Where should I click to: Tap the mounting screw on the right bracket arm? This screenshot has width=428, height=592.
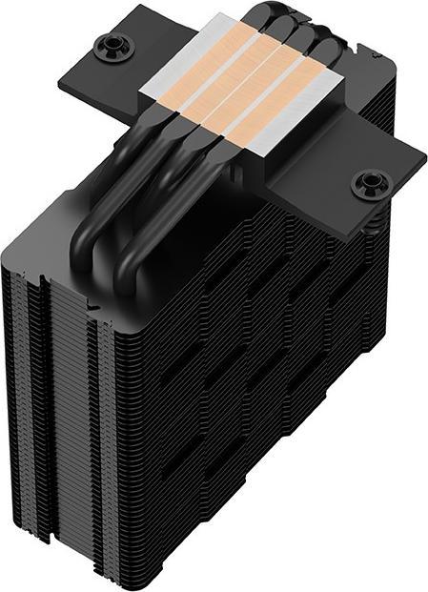[367, 182]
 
